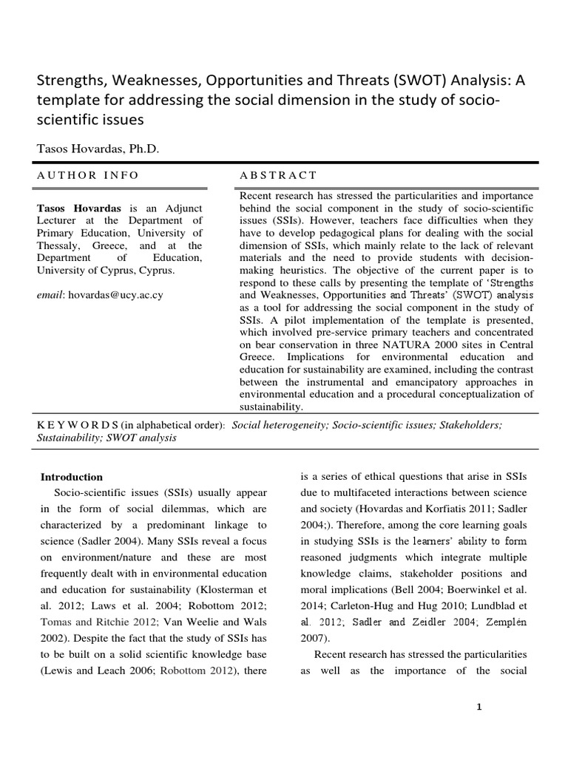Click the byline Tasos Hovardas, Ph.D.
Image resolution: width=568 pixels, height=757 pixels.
coord(98,149)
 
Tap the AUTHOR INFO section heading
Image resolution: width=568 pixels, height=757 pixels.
coord(88,175)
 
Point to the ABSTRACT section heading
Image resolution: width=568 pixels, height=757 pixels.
coord(278,175)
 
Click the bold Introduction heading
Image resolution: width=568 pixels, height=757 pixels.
coord(72,478)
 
